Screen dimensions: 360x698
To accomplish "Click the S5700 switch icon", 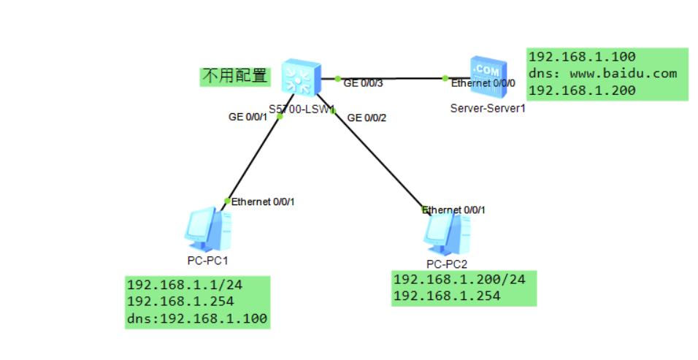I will coord(301,76).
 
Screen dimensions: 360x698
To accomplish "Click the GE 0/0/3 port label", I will coord(363,83).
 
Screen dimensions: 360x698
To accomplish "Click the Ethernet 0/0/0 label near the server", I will coord(483,83).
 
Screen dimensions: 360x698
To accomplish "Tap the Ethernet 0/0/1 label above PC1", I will coord(263,202).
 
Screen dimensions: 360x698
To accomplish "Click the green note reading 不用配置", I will coord(234,76).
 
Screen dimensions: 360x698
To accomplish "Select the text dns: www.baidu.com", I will coord(602,74).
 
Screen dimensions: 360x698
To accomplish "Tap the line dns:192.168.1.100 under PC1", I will coord(196,318).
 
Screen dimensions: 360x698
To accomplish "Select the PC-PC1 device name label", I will coord(207,259).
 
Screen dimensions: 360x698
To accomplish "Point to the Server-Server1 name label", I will coord(488,108).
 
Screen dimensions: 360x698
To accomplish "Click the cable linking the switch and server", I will coord(391,78).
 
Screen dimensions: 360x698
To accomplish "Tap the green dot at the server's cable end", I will coord(445,78).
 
